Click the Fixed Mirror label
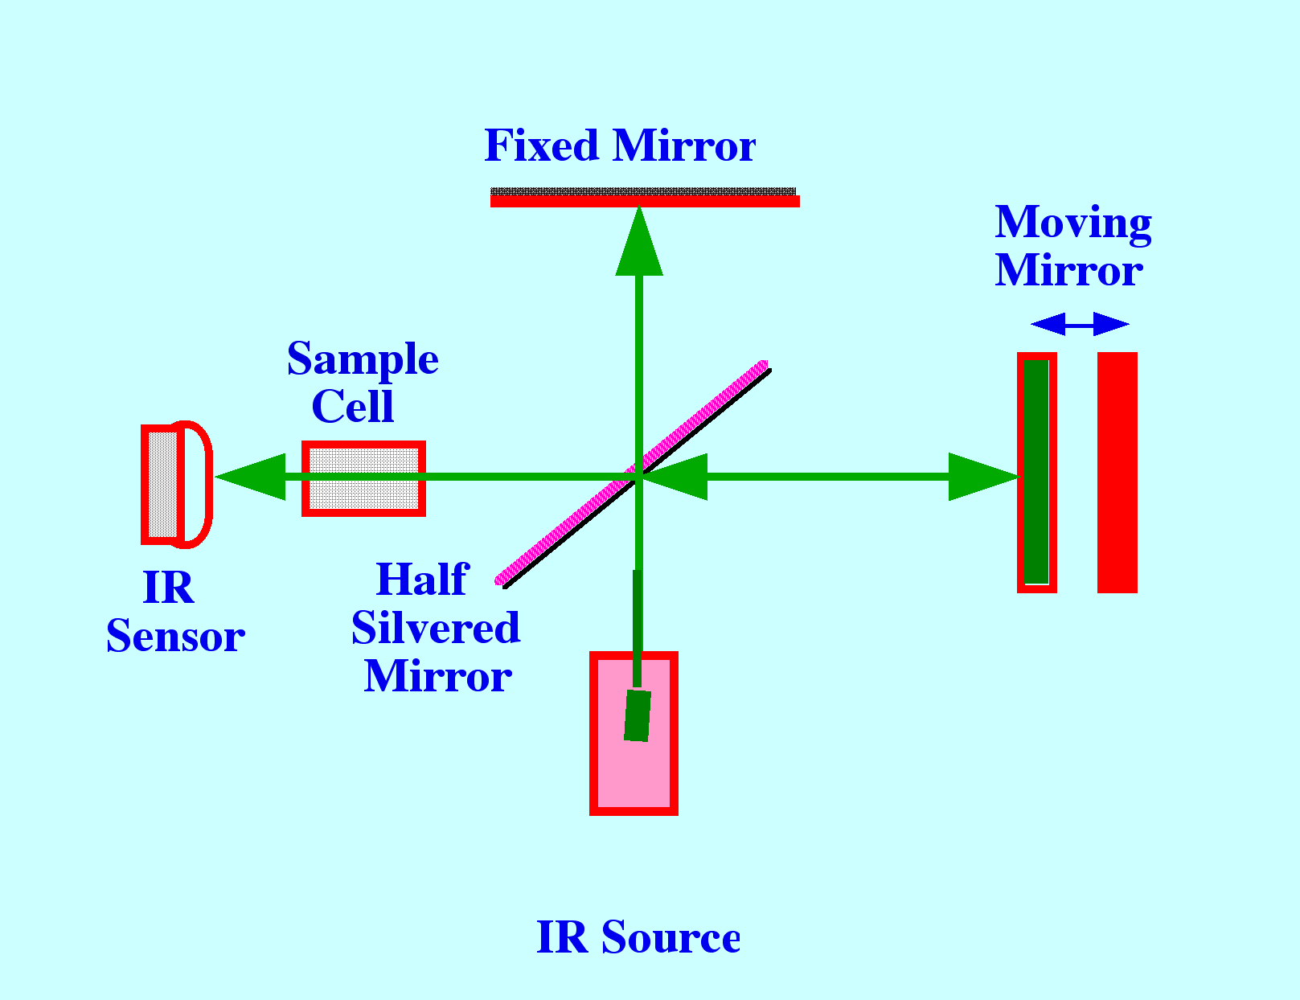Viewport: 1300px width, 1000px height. click(x=620, y=145)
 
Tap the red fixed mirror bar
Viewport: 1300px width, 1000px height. click(x=645, y=201)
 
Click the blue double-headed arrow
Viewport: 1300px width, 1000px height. click(x=1080, y=324)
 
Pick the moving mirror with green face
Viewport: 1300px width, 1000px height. click(x=1036, y=472)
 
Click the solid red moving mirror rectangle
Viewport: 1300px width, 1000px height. click(x=1118, y=472)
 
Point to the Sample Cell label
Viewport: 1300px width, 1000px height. click(x=363, y=382)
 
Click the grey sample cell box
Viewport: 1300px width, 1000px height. click(x=363, y=478)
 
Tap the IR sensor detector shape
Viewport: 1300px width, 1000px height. click(x=176, y=484)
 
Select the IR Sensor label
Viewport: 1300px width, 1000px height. click(x=175, y=612)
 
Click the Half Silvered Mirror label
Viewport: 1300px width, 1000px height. click(x=435, y=628)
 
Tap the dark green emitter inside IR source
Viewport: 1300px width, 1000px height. click(x=638, y=715)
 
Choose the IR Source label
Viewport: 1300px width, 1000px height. click(x=638, y=937)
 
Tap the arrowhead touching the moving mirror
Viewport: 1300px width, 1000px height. click(x=982, y=477)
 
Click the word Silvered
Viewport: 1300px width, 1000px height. click(x=435, y=628)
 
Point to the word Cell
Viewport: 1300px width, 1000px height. click(x=353, y=406)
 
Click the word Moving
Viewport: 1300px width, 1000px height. click(x=1072, y=222)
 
